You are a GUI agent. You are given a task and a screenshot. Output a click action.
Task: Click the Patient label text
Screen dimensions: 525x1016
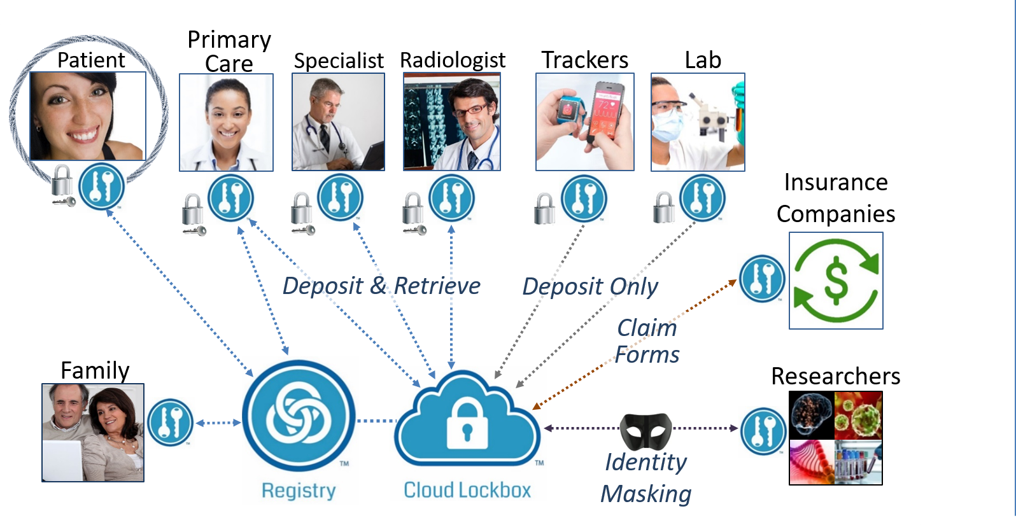tap(91, 60)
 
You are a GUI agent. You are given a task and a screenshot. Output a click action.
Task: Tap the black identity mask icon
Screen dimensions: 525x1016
tap(646, 430)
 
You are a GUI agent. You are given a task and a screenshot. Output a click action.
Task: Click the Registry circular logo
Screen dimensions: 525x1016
tap(299, 417)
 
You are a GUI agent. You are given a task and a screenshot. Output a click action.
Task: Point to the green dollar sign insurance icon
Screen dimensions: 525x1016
tap(836, 281)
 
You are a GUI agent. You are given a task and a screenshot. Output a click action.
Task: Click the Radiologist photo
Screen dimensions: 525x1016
tap(452, 122)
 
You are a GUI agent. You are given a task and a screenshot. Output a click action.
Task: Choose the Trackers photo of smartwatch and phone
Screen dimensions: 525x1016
tap(585, 122)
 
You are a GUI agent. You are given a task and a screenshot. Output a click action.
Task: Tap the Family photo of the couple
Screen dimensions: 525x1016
tap(93, 433)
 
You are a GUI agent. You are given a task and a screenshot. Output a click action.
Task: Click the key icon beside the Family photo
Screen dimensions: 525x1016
tap(170, 422)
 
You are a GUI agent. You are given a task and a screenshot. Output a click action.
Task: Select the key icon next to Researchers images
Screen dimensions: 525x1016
tap(763, 431)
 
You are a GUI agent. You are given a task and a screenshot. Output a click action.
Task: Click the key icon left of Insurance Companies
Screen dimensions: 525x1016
tap(762, 279)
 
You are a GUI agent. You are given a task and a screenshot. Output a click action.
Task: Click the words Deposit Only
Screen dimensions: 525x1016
tap(590, 286)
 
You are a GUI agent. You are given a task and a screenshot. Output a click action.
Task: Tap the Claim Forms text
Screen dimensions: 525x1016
tap(647, 341)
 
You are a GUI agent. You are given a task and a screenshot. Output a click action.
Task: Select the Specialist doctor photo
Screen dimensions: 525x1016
tap(338, 122)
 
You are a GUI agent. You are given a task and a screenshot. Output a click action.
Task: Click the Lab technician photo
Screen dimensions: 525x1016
tap(698, 122)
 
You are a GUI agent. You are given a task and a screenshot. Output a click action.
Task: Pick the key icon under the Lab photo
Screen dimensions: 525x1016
tap(702, 198)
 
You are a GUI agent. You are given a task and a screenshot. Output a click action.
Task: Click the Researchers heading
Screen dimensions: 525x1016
tap(835, 376)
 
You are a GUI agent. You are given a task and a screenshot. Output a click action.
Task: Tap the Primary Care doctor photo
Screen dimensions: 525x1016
tap(226, 123)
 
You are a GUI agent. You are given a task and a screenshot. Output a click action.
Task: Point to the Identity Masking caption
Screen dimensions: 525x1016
tap(646, 478)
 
